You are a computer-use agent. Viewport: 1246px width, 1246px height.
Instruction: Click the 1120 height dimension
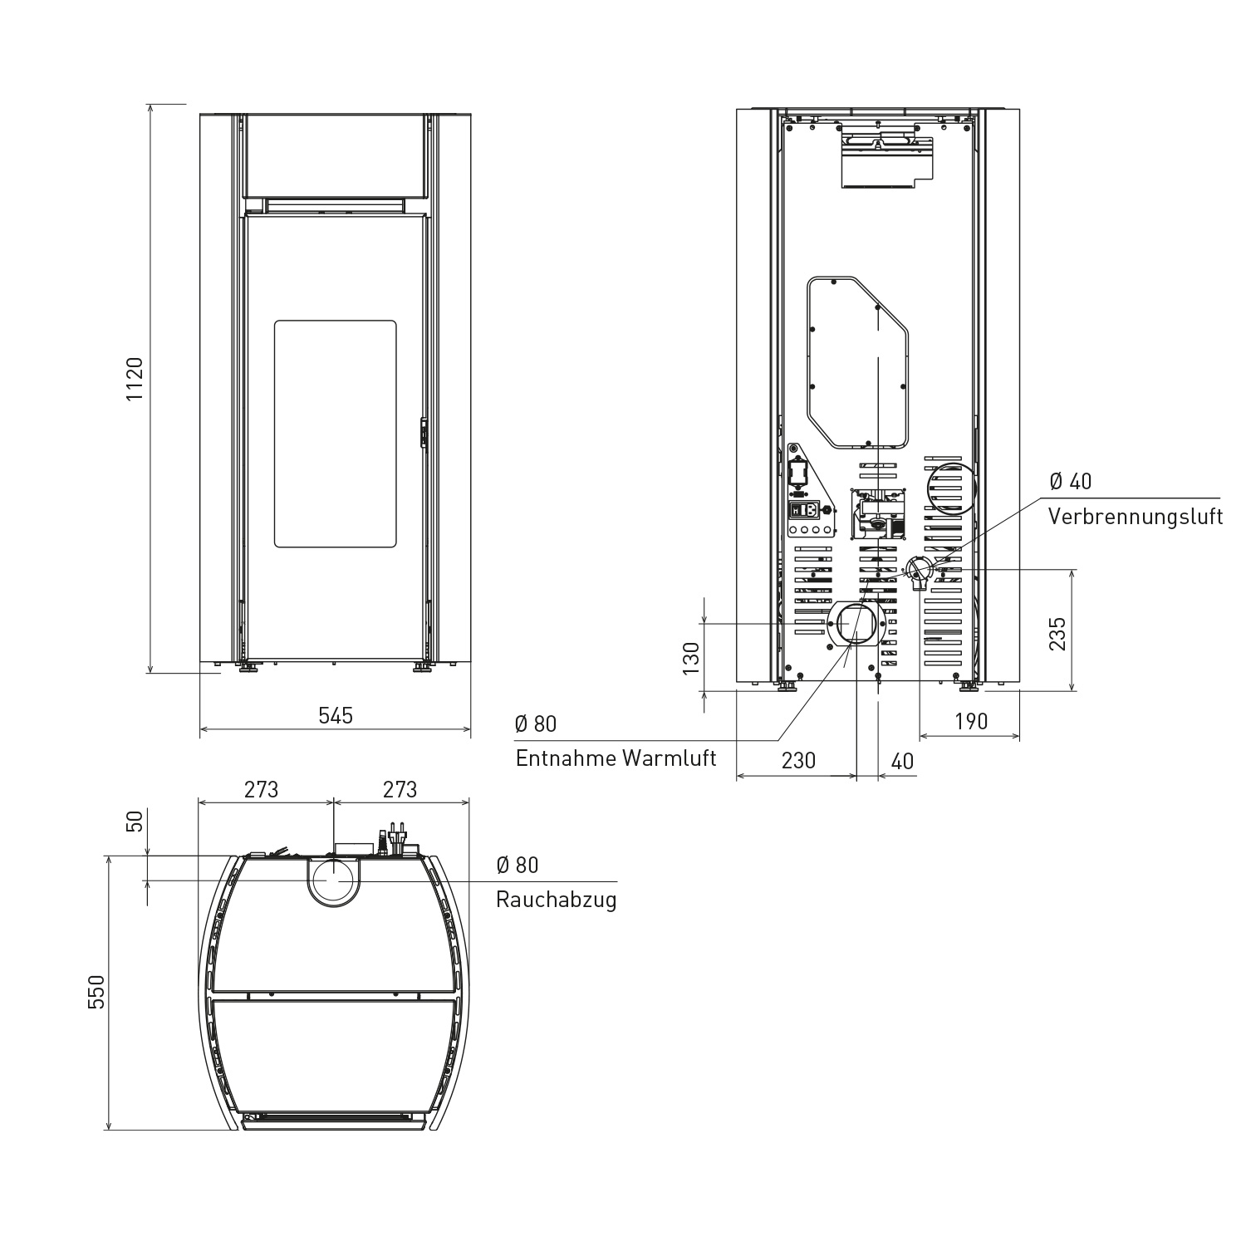pos(135,380)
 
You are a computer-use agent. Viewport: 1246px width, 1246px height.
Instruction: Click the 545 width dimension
pos(336,715)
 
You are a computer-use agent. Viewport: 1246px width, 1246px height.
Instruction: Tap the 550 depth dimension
pos(98,992)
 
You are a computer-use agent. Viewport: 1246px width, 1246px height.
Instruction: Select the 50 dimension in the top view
pos(135,822)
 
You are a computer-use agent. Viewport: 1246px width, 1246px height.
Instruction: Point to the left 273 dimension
pos(261,789)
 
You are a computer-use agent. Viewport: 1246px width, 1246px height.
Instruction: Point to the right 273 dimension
pos(400,789)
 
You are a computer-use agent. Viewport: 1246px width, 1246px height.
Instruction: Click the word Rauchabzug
pos(557,900)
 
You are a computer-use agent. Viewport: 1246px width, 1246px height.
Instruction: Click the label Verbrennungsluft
pos(1136,517)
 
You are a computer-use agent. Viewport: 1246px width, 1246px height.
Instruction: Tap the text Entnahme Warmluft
pos(616,758)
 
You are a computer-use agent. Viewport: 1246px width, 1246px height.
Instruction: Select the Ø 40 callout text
pos(1071,481)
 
